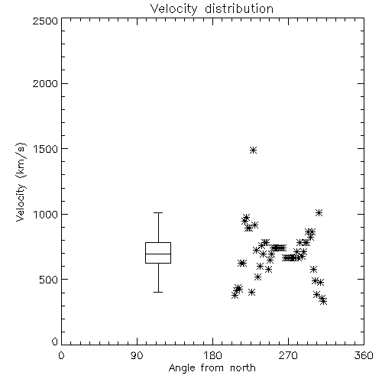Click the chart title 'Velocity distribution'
pyautogui.click(x=212, y=8)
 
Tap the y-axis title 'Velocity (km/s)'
pyautogui.click(x=21, y=182)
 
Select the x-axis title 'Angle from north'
pyautogui.click(x=212, y=368)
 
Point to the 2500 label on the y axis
pyautogui.click(x=45, y=21)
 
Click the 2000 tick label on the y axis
pyautogui.click(x=45, y=83)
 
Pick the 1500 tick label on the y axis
pyautogui.click(x=45, y=149)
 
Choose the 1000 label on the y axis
pyautogui.click(x=45, y=214)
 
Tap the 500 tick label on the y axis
pyautogui.click(x=49, y=280)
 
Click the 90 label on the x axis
pyautogui.click(x=137, y=355)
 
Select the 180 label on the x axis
pyautogui.click(x=212, y=355)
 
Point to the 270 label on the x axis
pyautogui.click(x=288, y=355)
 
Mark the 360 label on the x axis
pyautogui.click(x=364, y=355)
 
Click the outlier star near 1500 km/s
pyautogui.click(x=253, y=150)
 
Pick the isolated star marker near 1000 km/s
pyautogui.click(x=319, y=212)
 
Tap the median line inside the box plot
pyautogui.click(x=158, y=254)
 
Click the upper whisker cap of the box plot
pyautogui.click(x=158, y=212)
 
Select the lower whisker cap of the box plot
pyautogui.click(x=158, y=292)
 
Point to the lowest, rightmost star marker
pyautogui.click(x=323, y=302)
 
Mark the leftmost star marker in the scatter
pyautogui.click(x=235, y=296)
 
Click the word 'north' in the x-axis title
pyautogui.click(x=243, y=368)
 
